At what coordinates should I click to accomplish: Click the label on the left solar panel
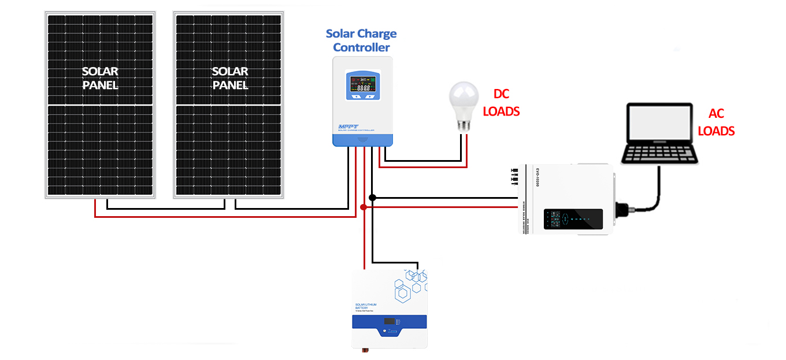click(100, 78)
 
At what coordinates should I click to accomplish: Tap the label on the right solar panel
click(230, 78)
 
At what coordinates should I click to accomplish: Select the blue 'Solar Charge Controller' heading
click(361, 40)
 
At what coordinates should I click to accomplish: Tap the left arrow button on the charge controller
click(355, 97)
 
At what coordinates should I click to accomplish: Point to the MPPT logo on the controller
click(349, 126)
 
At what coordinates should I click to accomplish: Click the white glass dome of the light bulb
click(464, 98)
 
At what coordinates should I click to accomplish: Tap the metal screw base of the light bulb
click(464, 126)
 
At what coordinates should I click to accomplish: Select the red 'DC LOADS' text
click(500, 102)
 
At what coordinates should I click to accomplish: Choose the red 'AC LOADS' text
click(716, 123)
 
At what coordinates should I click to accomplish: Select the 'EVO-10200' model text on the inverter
click(537, 180)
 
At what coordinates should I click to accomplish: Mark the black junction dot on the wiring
click(372, 198)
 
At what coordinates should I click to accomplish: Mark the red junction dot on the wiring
click(364, 207)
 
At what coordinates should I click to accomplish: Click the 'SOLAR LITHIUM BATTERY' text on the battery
click(366, 306)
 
